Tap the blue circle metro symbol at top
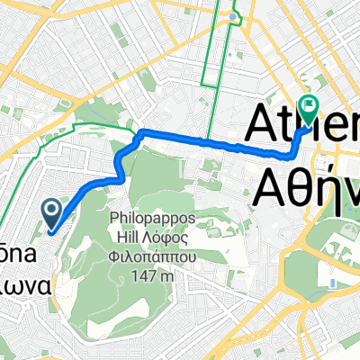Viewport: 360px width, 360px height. pyautogui.click(x=234, y=16)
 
